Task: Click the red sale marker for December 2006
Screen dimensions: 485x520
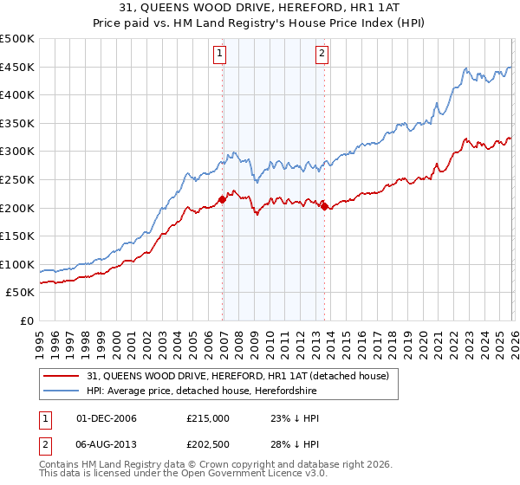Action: (x=222, y=199)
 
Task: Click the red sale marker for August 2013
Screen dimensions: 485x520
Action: (x=324, y=206)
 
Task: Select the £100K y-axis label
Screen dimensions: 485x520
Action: (x=17, y=264)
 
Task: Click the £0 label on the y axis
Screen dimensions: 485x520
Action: (x=26, y=320)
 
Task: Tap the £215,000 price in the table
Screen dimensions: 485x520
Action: (x=208, y=418)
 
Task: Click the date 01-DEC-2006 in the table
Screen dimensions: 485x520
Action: (x=107, y=418)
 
